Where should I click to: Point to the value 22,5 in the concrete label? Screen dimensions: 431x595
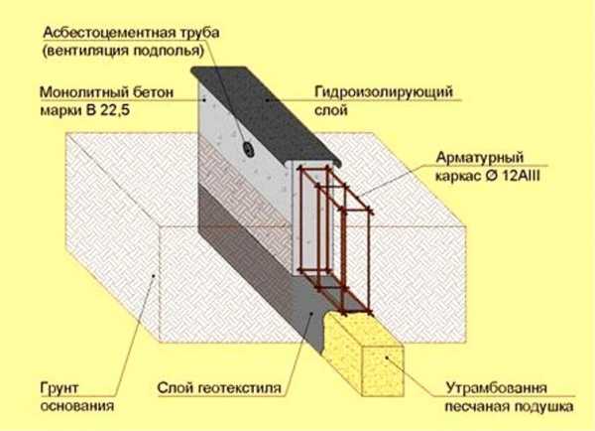click(120, 110)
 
